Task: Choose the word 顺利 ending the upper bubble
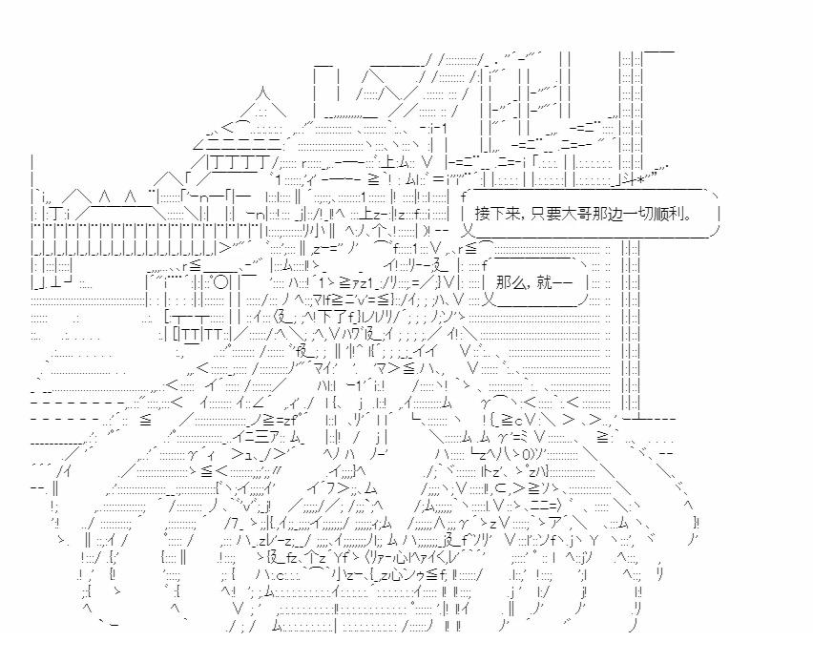point(664,214)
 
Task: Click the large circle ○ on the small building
point(220,283)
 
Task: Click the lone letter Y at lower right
point(594,541)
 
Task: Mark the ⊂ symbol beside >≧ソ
point(500,487)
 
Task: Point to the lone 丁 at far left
point(55,214)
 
